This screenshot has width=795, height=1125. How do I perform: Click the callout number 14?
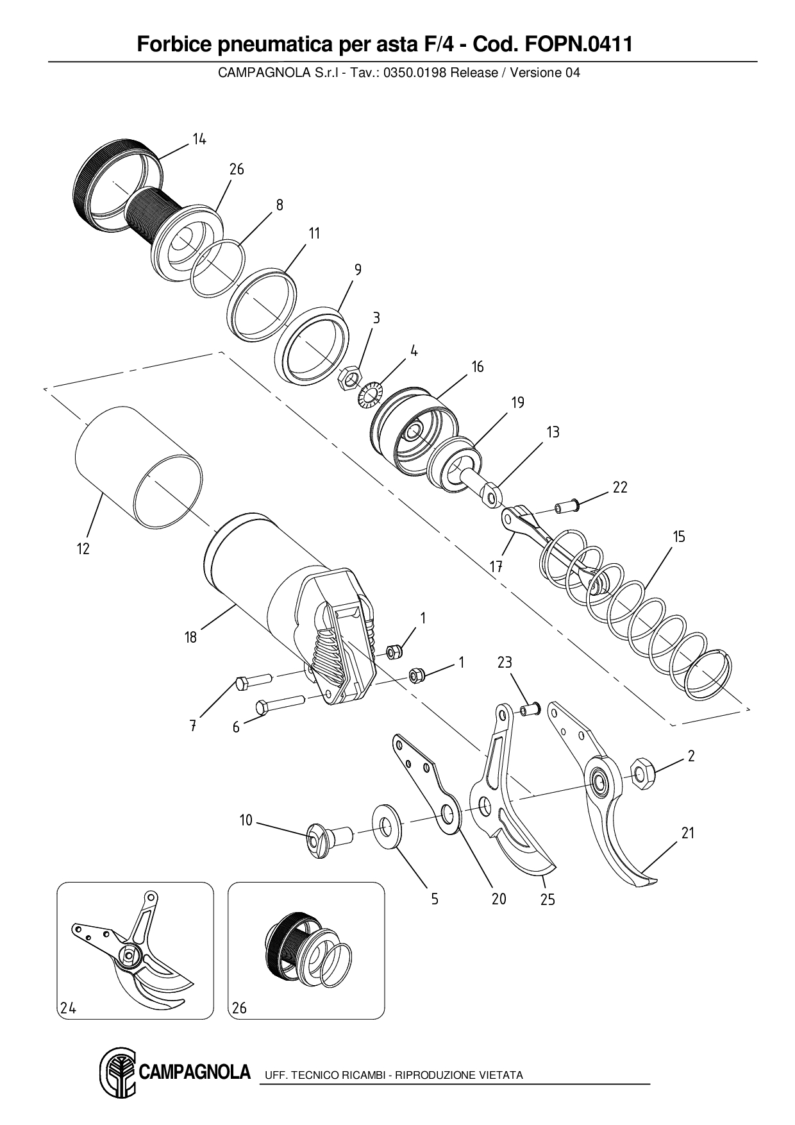click(199, 139)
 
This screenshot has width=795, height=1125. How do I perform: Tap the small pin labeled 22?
click(567, 507)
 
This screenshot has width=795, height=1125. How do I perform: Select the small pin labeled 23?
click(530, 709)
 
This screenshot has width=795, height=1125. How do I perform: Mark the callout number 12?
click(83, 549)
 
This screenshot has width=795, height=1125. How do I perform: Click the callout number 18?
click(190, 638)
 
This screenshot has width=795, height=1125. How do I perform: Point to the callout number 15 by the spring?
click(679, 536)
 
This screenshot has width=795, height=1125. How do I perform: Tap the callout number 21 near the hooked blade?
click(688, 833)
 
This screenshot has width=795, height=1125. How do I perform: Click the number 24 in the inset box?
click(69, 1008)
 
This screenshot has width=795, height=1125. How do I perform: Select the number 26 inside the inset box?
click(239, 1008)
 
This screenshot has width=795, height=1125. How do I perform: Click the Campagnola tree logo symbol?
click(118, 1074)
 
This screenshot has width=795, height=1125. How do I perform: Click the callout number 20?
click(499, 899)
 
